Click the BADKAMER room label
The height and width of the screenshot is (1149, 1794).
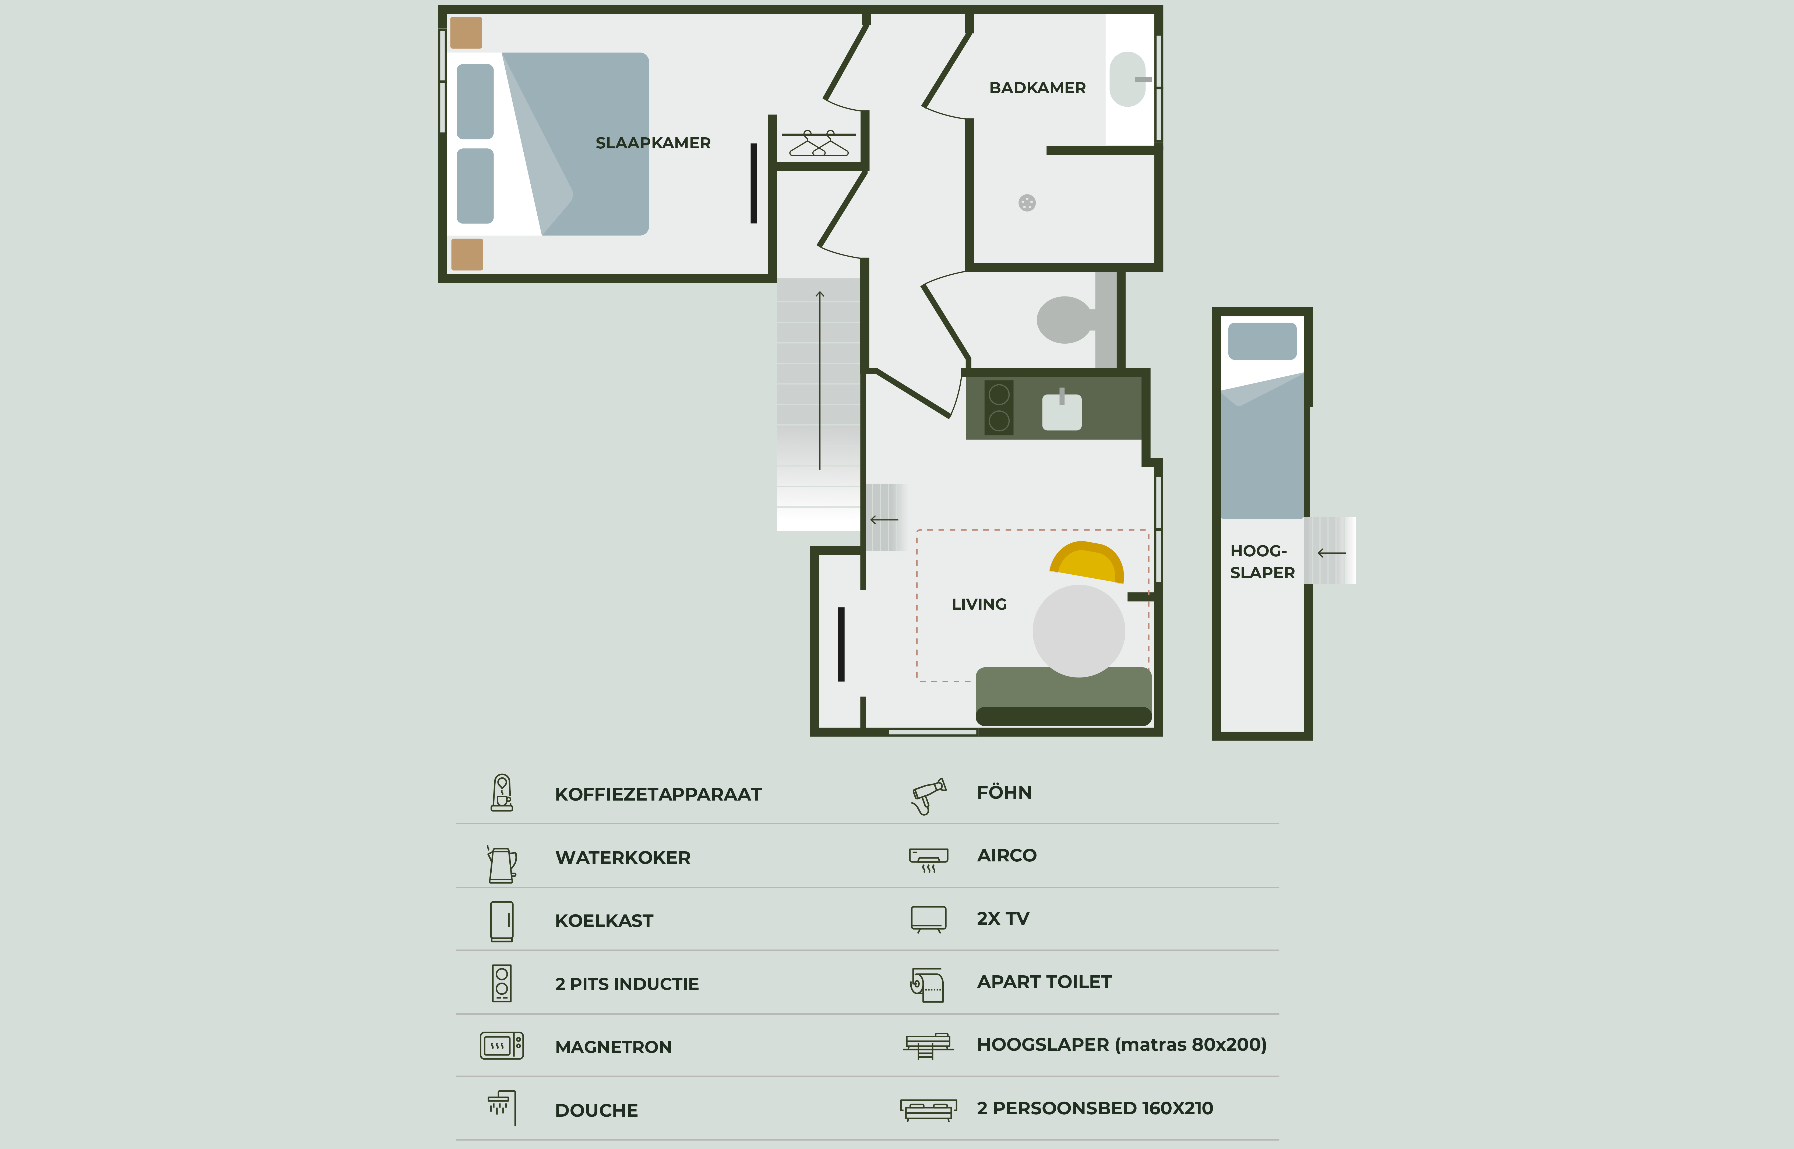1037,88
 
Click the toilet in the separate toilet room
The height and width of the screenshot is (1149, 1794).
1065,319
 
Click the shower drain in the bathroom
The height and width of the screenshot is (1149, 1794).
1027,203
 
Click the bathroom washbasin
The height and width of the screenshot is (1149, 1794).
1127,79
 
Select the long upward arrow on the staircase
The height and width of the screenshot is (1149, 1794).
819,380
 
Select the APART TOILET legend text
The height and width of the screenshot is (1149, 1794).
1044,982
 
